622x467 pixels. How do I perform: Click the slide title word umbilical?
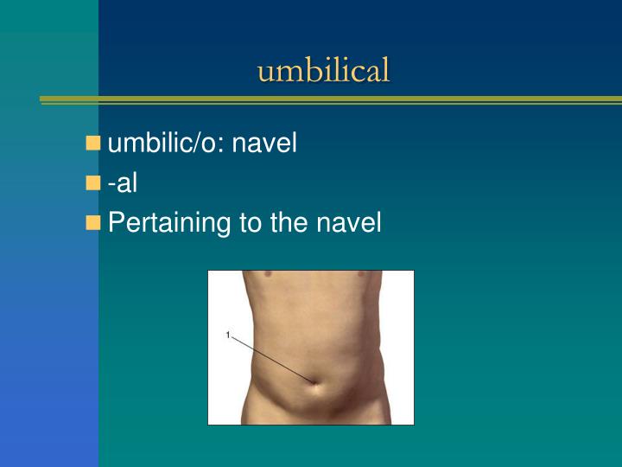(323, 70)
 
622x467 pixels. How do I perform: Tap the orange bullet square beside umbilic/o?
(93, 143)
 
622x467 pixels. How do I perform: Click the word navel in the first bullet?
(265, 143)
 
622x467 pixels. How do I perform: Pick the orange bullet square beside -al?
(93, 182)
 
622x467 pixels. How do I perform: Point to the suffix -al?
(123, 182)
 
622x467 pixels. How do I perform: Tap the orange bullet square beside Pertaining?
(93, 223)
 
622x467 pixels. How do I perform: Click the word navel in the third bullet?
(349, 223)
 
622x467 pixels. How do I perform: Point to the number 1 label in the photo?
(227, 335)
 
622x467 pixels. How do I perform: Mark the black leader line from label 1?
(272, 358)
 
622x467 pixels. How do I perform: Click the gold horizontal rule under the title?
(328, 100)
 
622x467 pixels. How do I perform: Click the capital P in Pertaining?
(116, 223)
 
